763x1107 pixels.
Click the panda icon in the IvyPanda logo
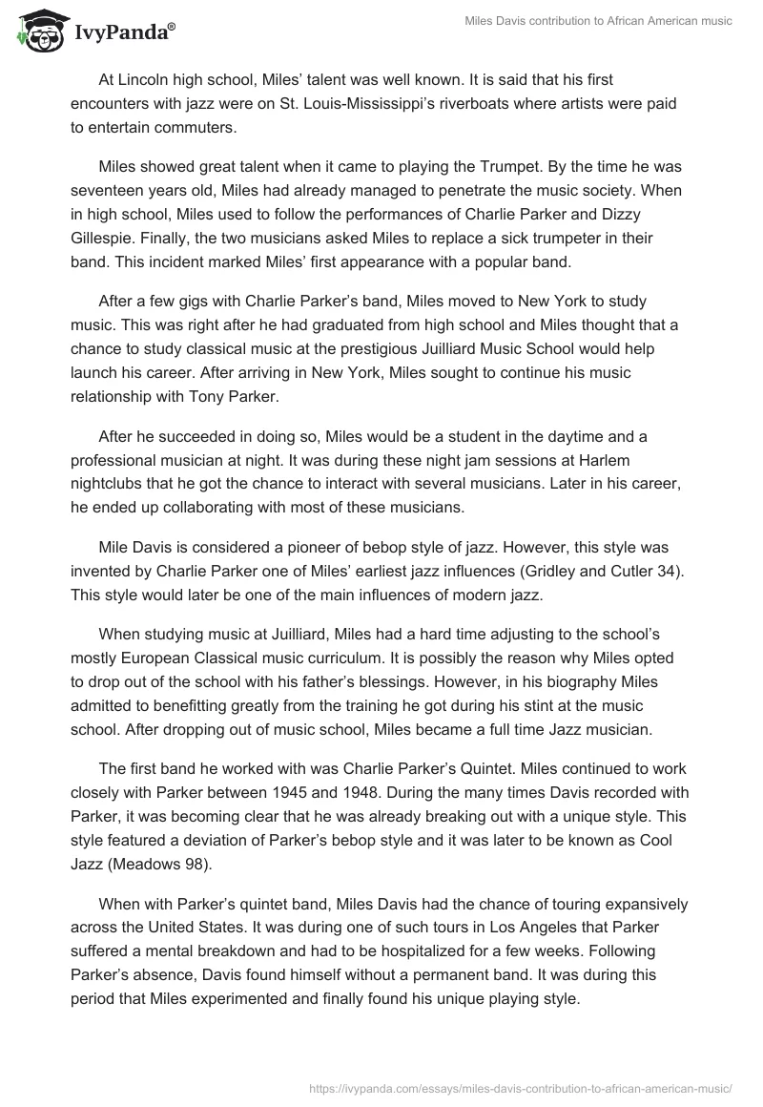point(35,30)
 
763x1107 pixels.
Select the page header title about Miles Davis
point(597,21)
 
